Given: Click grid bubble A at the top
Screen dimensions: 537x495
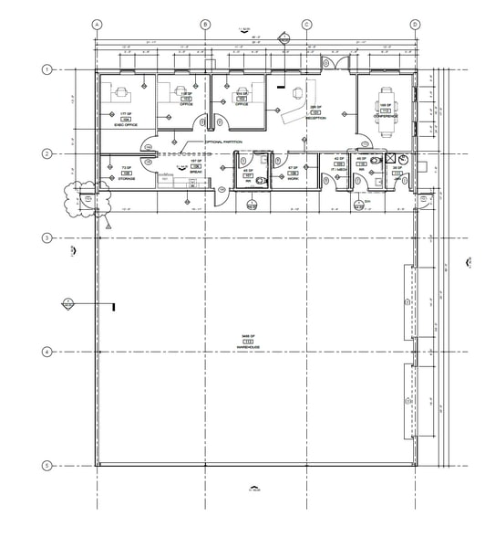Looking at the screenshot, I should point(98,25).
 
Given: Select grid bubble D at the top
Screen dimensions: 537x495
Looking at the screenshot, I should point(415,25).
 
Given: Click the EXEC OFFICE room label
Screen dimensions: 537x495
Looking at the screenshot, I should point(125,120).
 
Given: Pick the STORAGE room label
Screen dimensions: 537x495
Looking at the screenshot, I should point(126,179).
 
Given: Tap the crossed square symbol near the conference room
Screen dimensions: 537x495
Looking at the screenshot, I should point(391,158).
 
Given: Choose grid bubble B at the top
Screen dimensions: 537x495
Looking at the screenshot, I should point(205,25).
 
